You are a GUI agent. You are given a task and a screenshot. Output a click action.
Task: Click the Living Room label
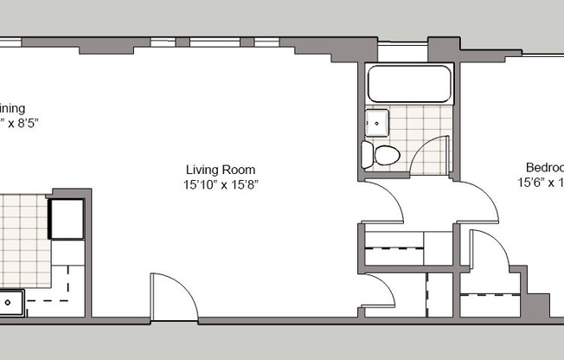[220, 170]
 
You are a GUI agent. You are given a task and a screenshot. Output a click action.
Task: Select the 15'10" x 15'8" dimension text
[221, 184]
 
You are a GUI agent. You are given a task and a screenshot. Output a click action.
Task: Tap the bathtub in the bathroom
[409, 85]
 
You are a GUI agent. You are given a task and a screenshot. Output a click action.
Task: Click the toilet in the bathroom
[381, 155]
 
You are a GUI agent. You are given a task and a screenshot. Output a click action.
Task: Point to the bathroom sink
[377, 124]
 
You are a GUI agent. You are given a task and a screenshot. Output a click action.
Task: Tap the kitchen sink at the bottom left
[11, 303]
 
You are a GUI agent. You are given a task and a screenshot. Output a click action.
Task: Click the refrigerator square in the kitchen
[66, 217]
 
